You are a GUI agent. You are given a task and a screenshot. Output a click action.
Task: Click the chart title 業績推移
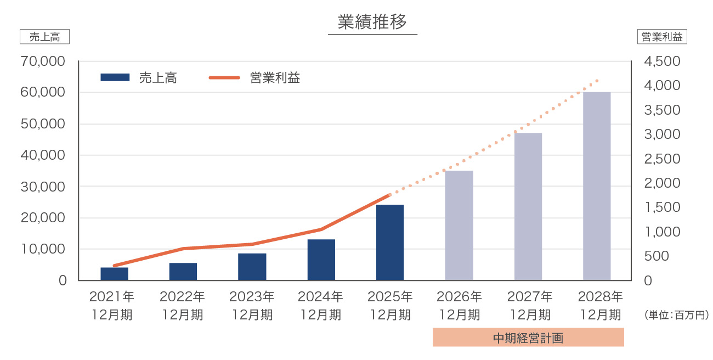click(372, 22)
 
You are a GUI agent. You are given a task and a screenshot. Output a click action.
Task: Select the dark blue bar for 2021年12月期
click(115, 274)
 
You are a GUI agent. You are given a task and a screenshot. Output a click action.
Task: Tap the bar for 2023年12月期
click(252, 267)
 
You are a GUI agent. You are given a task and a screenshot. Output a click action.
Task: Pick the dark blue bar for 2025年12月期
click(390, 243)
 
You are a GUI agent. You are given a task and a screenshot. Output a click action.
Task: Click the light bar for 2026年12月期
click(459, 226)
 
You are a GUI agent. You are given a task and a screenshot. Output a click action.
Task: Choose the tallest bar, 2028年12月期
click(597, 187)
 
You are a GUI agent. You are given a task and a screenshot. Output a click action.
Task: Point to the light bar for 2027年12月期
click(528, 207)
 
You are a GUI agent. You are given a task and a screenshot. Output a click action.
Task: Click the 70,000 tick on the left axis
click(43, 61)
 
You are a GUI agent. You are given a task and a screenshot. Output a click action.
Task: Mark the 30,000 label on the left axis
click(43, 187)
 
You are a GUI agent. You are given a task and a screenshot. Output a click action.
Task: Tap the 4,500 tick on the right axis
click(663, 61)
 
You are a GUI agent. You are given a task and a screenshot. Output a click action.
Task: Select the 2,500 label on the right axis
click(663, 159)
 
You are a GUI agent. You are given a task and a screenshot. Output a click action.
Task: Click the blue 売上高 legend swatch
click(115, 77)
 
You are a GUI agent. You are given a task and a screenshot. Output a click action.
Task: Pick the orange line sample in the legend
click(224, 77)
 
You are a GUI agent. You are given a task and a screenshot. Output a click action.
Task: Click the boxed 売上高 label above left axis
click(44, 37)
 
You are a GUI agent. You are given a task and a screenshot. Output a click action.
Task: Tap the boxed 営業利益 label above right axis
click(663, 37)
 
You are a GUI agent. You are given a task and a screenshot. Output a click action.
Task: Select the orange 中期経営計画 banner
click(528, 337)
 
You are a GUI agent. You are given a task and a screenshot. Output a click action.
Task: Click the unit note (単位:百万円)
click(677, 316)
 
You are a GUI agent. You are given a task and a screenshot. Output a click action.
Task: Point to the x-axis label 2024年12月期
click(321, 306)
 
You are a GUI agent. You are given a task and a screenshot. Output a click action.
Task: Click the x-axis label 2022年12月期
click(183, 306)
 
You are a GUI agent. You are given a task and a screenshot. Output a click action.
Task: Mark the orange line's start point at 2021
click(115, 266)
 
